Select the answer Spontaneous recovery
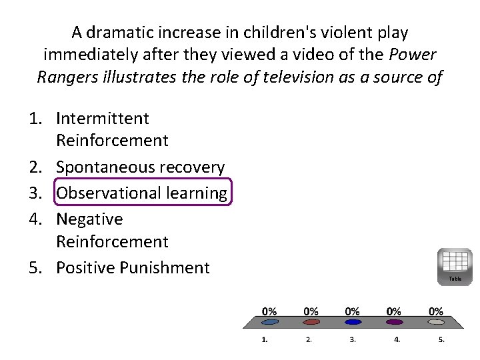point(140,167)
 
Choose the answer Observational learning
point(141,193)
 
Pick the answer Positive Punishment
point(133,267)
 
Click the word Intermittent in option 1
point(103,119)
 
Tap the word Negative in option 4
point(89,219)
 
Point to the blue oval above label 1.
point(270,322)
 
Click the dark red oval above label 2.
point(311,322)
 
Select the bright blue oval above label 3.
point(353,322)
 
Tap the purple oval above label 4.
point(394,322)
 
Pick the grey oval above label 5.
point(435,322)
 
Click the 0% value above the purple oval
point(394,311)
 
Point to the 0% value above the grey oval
point(435,311)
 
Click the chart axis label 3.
point(353,340)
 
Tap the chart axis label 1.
point(265,340)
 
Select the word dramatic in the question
point(118,32)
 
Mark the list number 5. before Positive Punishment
point(39,267)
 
